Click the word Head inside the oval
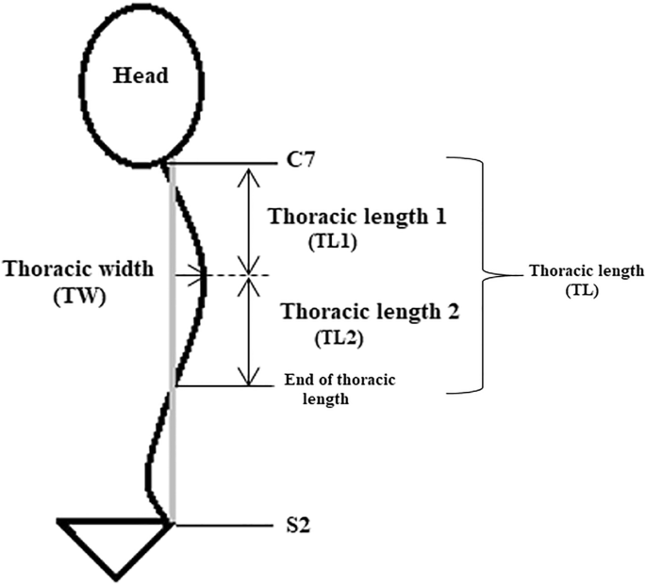point(141,74)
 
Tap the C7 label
point(301,161)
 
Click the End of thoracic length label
point(339,389)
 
